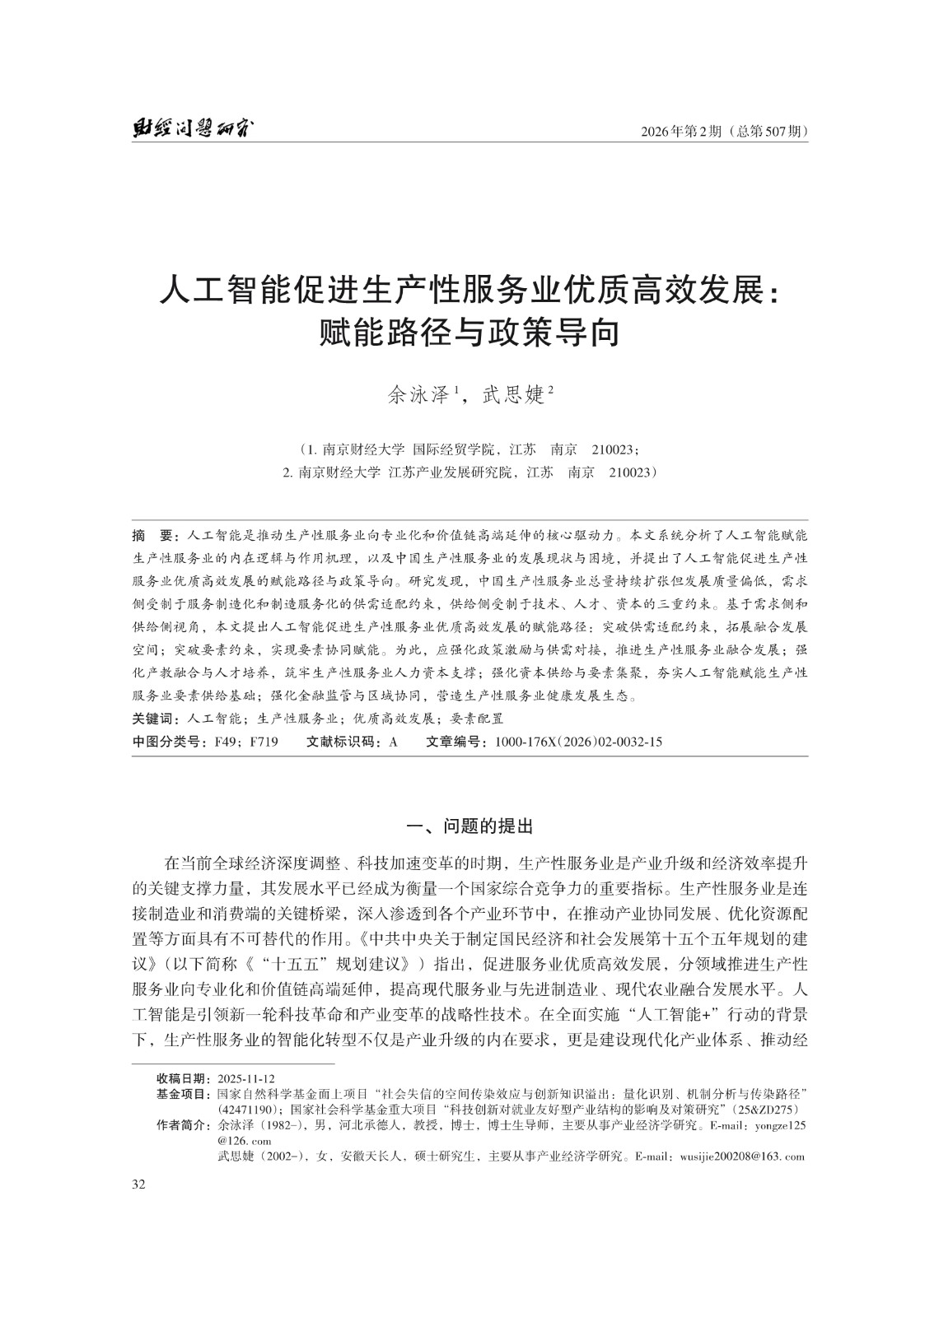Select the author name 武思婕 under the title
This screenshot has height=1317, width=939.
(514, 395)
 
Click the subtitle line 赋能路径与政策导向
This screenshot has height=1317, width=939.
(469, 333)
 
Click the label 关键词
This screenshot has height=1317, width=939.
(157, 718)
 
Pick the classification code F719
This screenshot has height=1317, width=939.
(264, 742)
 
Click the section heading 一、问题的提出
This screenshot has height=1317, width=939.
(469, 826)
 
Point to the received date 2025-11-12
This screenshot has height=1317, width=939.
(246, 1078)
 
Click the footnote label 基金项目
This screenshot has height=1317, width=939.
(183, 1094)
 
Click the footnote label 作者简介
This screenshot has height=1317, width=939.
(183, 1125)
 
